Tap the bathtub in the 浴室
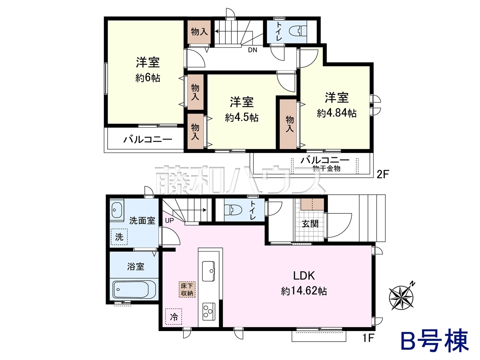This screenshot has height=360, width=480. pyautogui.click(x=134, y=290)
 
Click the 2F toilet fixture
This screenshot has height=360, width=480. pyautogui.click(x=298, y=31)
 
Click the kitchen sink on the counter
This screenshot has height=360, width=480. pyautogui.click(x=208, y=271)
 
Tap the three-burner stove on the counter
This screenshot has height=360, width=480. pyautogui.click(x=208, y=312)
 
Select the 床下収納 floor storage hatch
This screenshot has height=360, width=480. pyautogui.click(x=187, y=289)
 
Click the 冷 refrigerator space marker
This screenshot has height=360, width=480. pyautogui.click(x=174, y=316)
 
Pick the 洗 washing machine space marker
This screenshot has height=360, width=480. pyautogui.click(x=119, y=237)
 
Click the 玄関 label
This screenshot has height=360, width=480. pyautogui.click(x=310, y=224)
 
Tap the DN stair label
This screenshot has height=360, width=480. pyautogui.click(x=253, y=50)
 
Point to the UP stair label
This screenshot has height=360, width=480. pyautogui.click(x=169, y=220)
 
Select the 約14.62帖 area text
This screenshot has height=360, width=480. pyautogui.click(x=304, y=291)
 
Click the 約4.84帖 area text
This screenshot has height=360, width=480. pyautogui.click(x=337, y=113)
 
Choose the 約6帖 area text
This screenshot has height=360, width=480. pyautogui.click(x=148, y=78)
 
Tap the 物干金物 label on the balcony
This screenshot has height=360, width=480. pyautogui.click(x=327, y=168)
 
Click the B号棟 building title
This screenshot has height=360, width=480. pyautogui.click(x=432, y=343)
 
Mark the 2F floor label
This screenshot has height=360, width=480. pyautogui.click(x=382, y=175)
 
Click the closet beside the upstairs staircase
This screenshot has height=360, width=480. pyautogui.click(x=199, y=32)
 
